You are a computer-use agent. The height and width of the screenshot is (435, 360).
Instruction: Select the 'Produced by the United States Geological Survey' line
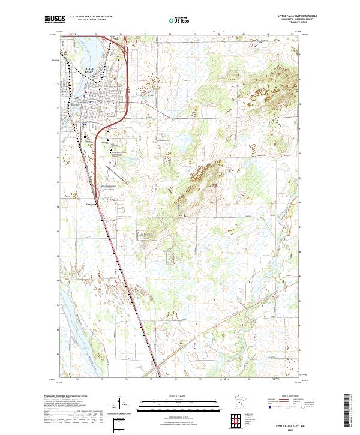point(65,397)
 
